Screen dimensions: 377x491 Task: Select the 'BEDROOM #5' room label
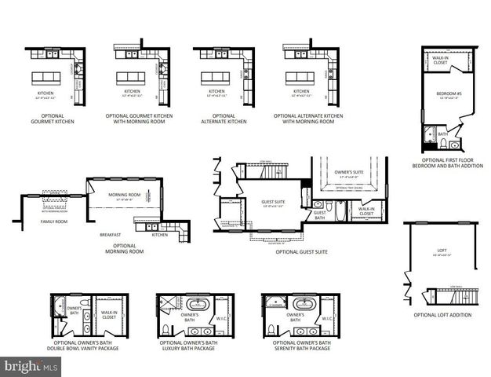pyautogui.click(x=446, y=94)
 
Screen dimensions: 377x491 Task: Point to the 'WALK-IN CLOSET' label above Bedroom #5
pyautogui.click(x=441, y=59)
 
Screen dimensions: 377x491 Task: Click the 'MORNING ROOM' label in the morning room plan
pyautogui.click(x=125, y=196)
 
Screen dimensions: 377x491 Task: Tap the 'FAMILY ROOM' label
pyautogui.click(x=54, y=222)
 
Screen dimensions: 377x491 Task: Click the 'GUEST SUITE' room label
pyautogui.click(x=274, y=202)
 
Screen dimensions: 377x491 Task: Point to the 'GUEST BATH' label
pyautogui.click(x=319, y=214)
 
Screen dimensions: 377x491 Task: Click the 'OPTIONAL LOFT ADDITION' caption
pyautogui.click(x=443, y=315)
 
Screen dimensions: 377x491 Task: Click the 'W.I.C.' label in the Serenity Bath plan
pyautogui.click(x=327, y=319)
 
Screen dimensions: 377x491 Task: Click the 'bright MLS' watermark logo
pyautogui.click(x=31, y=366)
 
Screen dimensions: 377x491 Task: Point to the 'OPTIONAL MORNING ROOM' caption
pyautogui.click(x=124, y=249)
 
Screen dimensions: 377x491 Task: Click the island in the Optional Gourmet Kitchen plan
pyautogui.click(x=46, y=78)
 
